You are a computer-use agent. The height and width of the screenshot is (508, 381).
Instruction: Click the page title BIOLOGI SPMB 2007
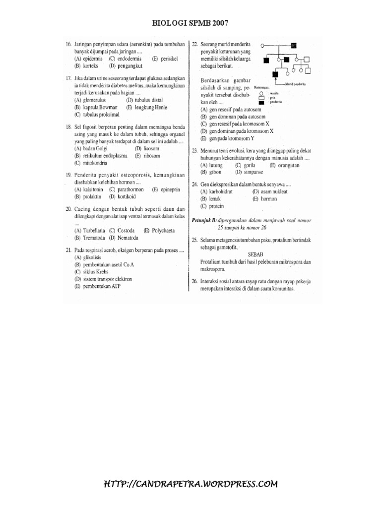point(190,23)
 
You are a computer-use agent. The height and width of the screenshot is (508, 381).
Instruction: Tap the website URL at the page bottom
point(190,484)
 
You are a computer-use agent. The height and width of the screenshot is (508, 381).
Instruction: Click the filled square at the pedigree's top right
point(294,46)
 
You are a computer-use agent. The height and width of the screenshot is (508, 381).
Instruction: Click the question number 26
point(194,281)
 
